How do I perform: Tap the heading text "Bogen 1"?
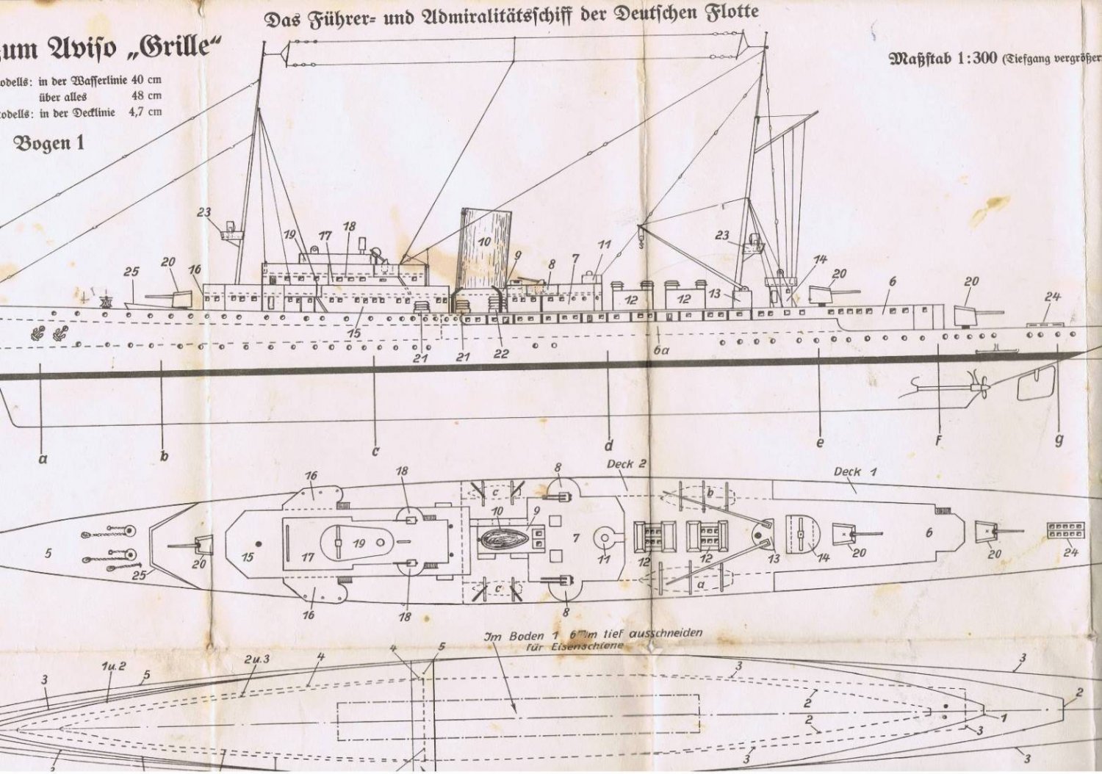[49, 143]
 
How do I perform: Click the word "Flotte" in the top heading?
[732, 13]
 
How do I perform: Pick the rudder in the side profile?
[1036, 382]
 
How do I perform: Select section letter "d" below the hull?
[608, 444]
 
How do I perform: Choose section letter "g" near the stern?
[1059, 440]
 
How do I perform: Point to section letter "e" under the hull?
[820, 442]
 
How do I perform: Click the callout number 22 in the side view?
[501, 354]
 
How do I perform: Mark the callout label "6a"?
[661, 351]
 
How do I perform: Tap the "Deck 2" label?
[627, 463]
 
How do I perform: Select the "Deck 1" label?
[854, 471]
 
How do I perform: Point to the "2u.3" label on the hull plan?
[256, 659]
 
